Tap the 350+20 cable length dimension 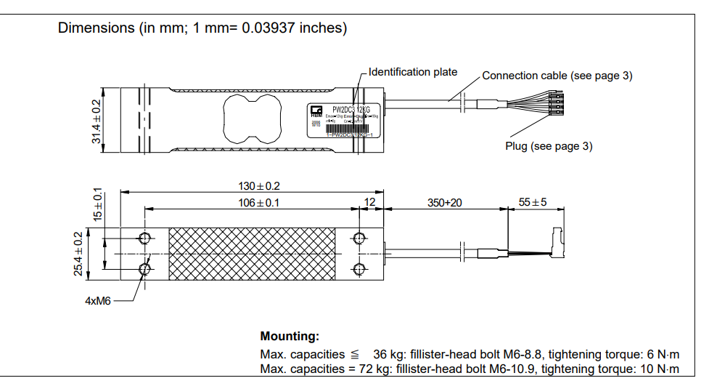pos(445,203)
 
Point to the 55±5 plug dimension pos(532,203)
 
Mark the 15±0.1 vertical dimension pos(97,206)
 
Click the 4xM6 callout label pos(98,300)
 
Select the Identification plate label pos(413,72)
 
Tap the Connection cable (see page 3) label pos(557,76)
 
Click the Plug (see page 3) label pos(548,146)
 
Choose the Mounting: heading pos(289,337)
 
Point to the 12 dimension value pos(369,203)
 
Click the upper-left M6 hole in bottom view pos(145,238)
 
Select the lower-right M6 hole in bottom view pos(359,270)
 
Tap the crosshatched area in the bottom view pos(252,254)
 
